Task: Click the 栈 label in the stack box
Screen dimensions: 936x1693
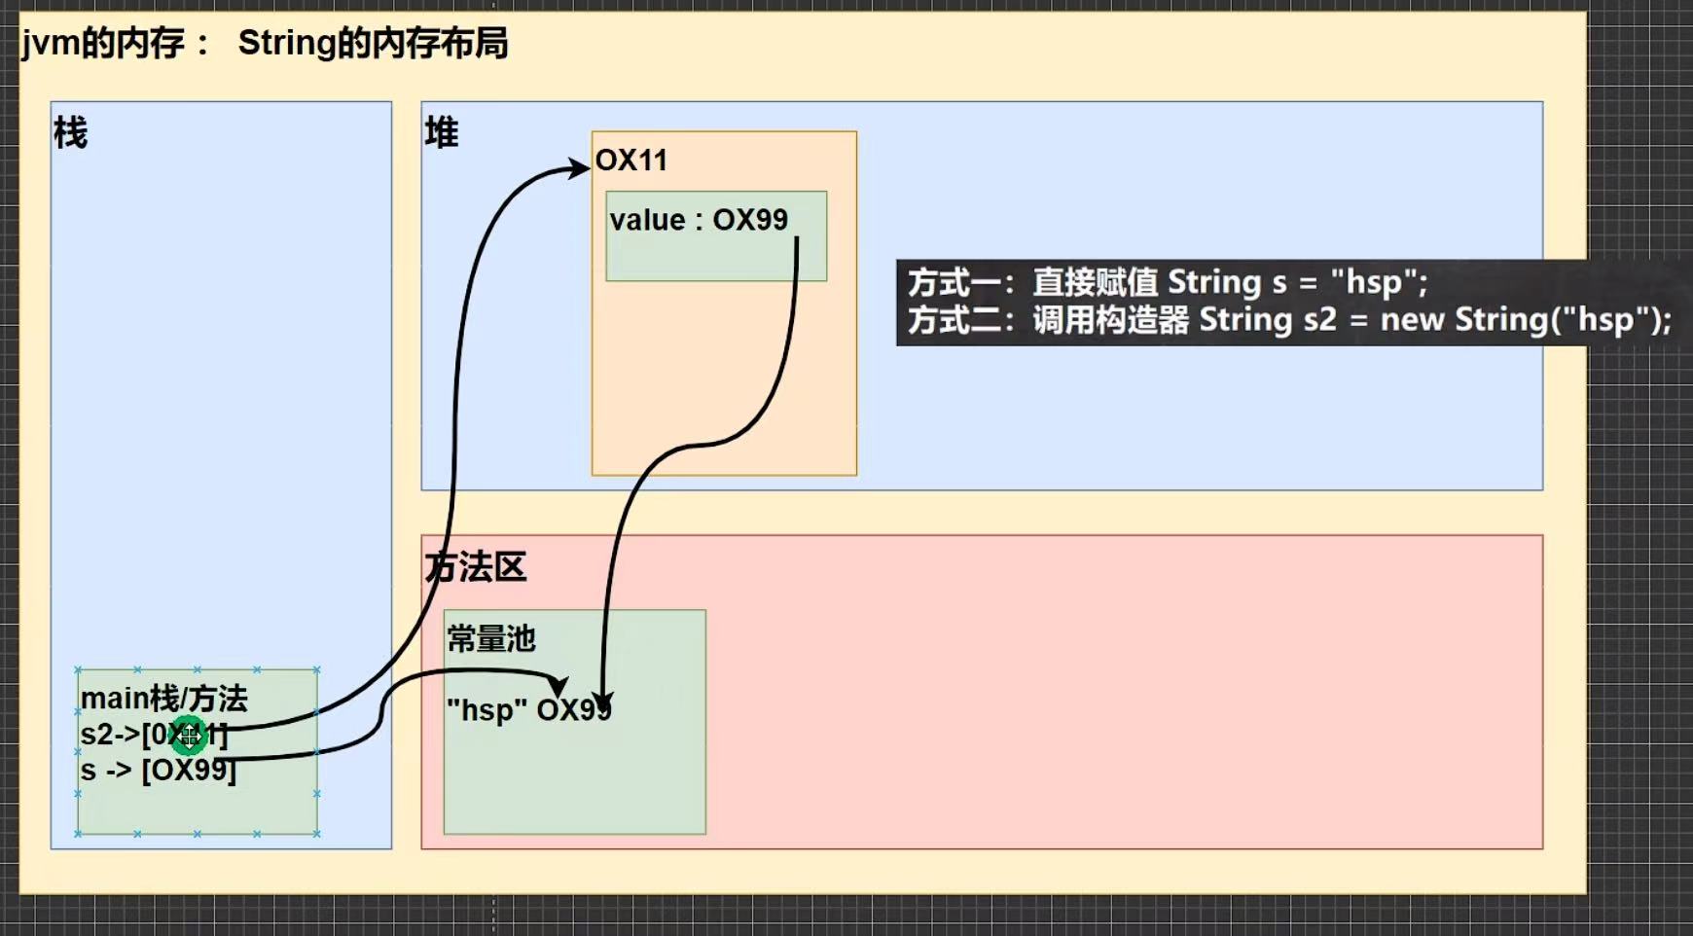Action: [x=70, y=132]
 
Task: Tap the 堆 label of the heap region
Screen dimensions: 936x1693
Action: [x=441, y=132]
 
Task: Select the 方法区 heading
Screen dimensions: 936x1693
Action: [x=476, y=567]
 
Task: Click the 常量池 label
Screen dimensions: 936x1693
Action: [x=491, y=639]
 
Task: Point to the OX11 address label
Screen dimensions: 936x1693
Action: [x=631, y=161]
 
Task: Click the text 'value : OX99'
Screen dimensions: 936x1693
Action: [x=699, y=220]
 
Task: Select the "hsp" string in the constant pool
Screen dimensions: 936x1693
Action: [x=480, y=710]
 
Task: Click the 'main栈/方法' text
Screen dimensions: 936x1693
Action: [x=163, y=699]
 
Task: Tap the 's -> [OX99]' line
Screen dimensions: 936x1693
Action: [x=158, y=771]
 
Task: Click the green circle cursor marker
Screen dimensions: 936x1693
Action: [x=189, y=735]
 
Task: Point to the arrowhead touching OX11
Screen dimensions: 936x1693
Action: [x=579, y=169]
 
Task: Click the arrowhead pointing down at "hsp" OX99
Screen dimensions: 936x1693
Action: [x=603, y=702]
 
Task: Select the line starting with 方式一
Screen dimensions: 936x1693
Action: [x=1168, y=282]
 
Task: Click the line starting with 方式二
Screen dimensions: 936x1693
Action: [x=1289, y=320]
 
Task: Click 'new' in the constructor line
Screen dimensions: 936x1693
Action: [x=1412, y=320]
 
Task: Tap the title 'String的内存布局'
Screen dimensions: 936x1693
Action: [x=373, y=44]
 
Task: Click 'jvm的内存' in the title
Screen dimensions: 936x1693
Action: [x=103, y=44]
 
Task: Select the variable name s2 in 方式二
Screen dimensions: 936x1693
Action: [x=1319, y=320]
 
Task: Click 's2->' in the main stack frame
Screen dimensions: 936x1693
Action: [x=110, y=735]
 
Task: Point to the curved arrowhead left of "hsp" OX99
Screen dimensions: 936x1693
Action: [x=558, y=686]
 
